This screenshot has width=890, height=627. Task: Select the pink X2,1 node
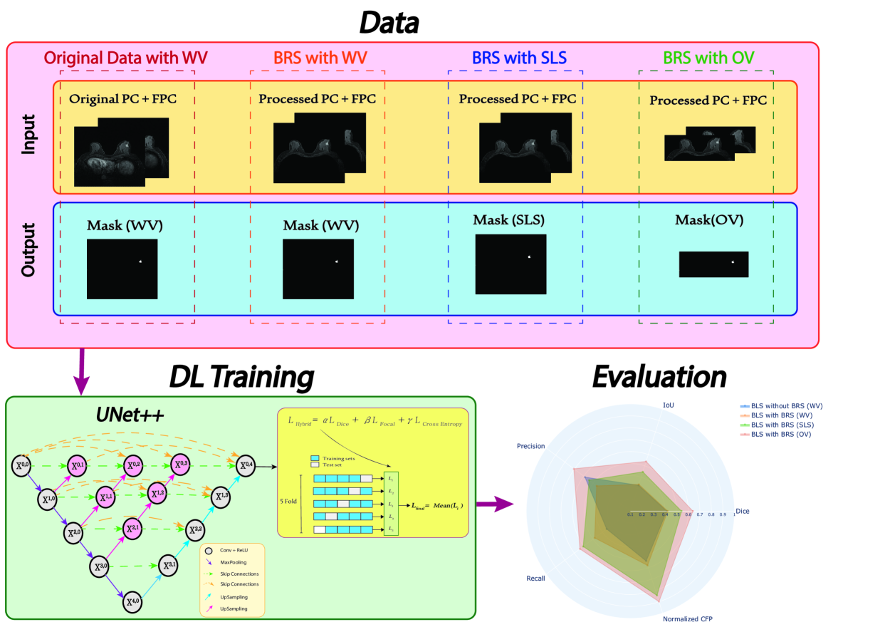(x=133, y=528)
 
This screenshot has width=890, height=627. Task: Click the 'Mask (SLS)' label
(x=511, y=220)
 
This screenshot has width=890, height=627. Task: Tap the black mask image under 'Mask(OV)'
(x=714, y=264)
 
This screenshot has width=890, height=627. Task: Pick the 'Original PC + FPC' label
(x=122, y=98)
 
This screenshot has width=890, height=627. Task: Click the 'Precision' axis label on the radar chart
(x=530, y=446)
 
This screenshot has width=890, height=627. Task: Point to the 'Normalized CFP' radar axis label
(x=686, y=618)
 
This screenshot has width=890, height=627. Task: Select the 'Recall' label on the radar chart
(x=535, y=578)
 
